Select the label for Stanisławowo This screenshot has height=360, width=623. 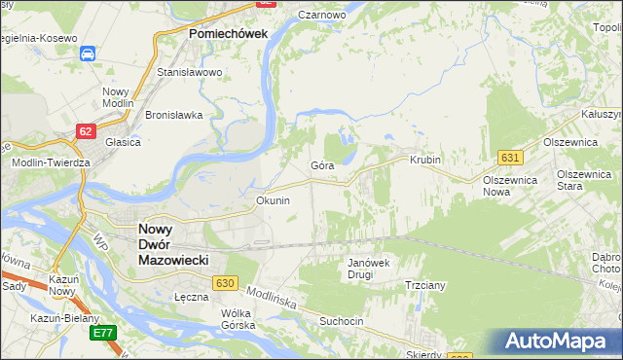click(191, 73)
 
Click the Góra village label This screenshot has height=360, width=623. click(322, 165)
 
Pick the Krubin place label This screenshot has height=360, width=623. click(425, 160)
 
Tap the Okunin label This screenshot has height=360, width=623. click(273, 200)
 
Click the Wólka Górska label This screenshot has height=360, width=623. click(238, 318)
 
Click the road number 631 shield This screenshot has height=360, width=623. click(510, 158)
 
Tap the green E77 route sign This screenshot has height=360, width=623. click(103, 334)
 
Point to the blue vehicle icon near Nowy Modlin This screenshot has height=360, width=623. click(88, 54)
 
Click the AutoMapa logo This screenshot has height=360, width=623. click(554, 342)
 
